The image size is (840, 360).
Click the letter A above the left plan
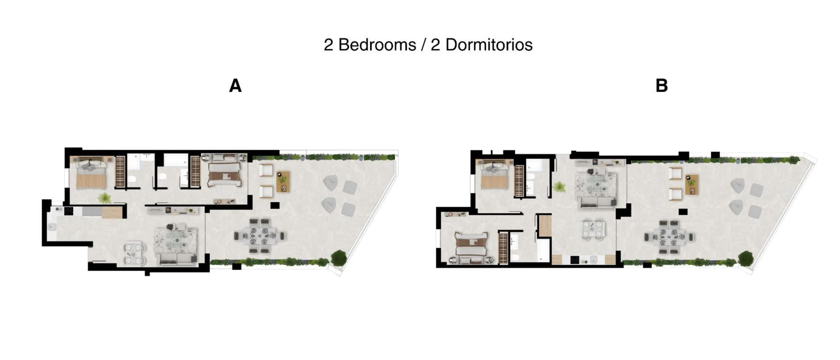[235, 86]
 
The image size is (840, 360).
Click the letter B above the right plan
[661, 86]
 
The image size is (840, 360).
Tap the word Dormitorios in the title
[489, 45]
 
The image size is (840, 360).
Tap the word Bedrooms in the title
[377, 45]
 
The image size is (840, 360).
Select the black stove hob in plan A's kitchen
[69, 211]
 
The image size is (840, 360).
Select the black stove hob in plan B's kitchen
[574, 260]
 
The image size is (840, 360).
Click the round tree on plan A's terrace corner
[339, 258]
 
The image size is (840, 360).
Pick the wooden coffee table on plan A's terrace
[283, 182]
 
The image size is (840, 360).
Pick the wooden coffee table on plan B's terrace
[692, 185]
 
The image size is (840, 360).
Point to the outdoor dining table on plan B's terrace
[670, 237]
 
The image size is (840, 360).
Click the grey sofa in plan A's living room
[177, 259]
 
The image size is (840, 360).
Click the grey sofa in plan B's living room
[598, 203]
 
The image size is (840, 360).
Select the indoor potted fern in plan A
[104, 198]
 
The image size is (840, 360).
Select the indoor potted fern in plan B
[559, 187]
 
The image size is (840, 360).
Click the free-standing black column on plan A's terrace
[275, 205]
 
